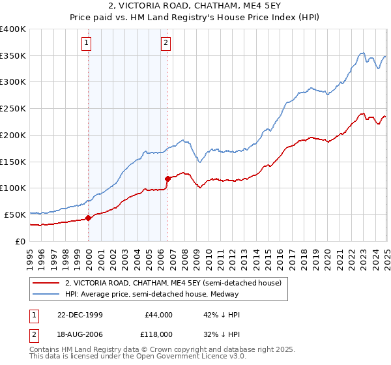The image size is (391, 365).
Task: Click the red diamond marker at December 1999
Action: (x=89, y=218)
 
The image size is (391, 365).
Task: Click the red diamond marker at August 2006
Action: (x=167, y=178)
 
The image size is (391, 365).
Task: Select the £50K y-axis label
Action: (x=15, y=214)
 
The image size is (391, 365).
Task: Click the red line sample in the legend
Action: (x=46, y=283)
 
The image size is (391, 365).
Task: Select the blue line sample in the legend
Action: (x=46, y=294)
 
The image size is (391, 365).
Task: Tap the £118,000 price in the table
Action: (x=158, y=334)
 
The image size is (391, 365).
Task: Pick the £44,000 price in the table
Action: (x=158, y=314)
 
